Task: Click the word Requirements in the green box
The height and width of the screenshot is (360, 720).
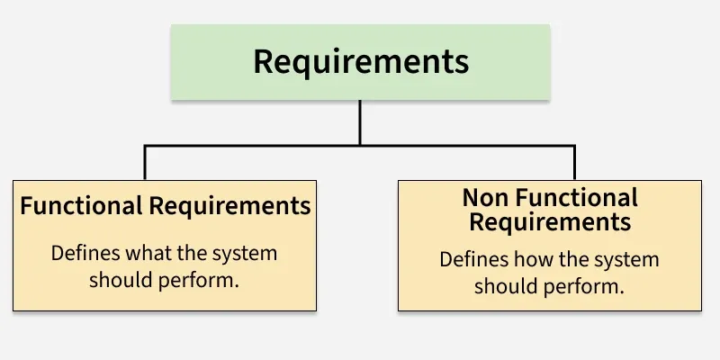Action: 360,62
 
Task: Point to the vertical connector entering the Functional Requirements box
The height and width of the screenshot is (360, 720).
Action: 145,162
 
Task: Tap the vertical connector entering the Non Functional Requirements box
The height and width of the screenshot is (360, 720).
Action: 574,162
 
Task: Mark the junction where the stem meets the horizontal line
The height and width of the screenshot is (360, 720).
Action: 360,144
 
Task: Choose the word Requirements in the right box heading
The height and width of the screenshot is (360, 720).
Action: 550,221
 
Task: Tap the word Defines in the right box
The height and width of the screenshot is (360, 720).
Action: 472,260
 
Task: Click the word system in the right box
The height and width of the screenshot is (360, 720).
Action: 629,260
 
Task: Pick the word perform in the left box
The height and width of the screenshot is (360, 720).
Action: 208,280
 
